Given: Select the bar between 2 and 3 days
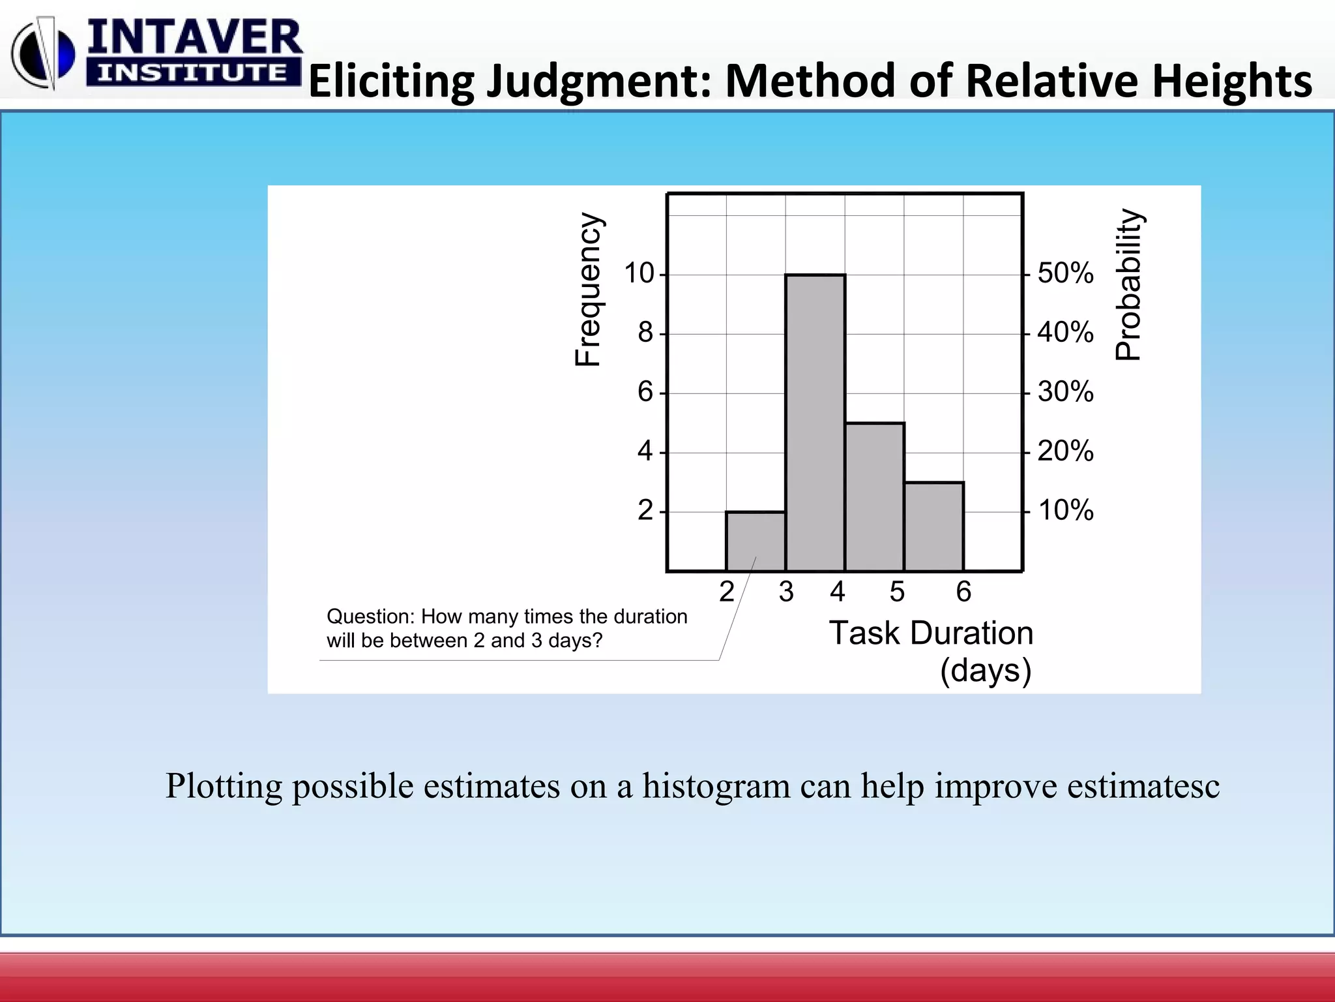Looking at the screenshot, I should (756, 541).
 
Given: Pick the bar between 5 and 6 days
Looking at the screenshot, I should (933, 526).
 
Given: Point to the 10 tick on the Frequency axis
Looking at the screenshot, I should (639, 273).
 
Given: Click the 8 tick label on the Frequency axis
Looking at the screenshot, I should (645, 333).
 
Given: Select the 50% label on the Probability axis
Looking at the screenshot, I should (1065, 273).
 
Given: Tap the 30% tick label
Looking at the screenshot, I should (1065, 392).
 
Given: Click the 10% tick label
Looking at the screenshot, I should (1065, 510).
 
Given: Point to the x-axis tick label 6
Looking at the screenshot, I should (963, 592).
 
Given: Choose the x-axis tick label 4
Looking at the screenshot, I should (838, 592).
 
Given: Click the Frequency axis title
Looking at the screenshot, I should (588, 290).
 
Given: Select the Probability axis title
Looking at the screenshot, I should (1128, 284).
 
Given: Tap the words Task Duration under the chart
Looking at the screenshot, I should (931, 633).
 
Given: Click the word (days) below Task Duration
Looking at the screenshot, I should (986, 671).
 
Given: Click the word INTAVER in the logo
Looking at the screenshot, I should (194, 38).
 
